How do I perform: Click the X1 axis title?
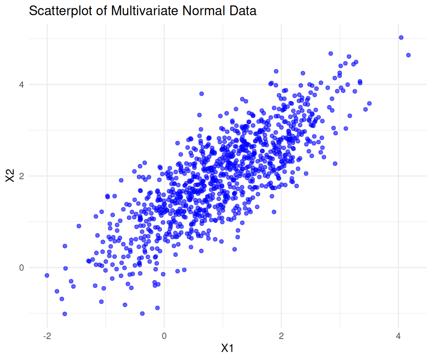point(227,348)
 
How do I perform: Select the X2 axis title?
point(10,176)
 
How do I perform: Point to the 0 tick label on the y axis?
point(22,268)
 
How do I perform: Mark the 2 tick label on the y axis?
point(22,176)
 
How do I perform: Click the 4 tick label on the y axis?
point(22,84)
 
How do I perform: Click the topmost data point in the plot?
point(401,37)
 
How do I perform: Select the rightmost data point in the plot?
point(408,55)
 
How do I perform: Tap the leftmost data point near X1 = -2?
point(47,275)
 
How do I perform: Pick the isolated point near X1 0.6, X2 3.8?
point(201,93)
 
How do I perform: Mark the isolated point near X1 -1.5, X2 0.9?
point(79,226)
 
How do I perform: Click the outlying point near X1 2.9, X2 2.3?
point(335,163)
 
